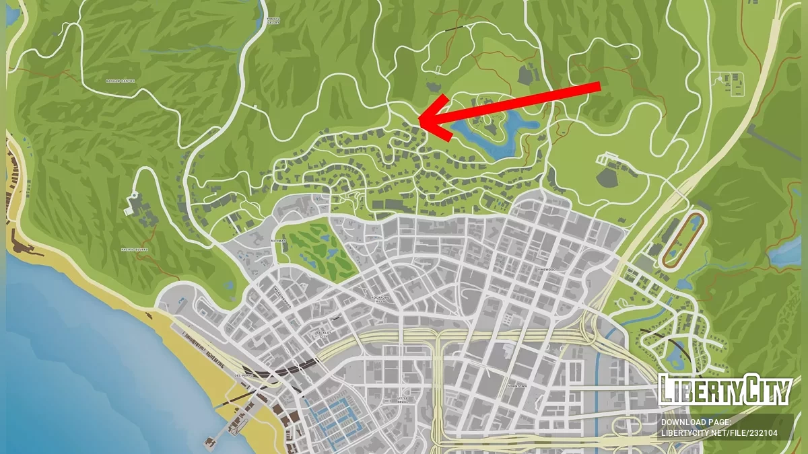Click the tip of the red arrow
(419, 120)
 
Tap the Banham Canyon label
(121, 81)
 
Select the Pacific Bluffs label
(134, 250)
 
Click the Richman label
(277, 240)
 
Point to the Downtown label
(516, 387)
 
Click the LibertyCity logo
(725, 389)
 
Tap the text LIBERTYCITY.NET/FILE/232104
(719, 434)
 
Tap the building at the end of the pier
(210, 442)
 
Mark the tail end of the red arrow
(599, 85)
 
